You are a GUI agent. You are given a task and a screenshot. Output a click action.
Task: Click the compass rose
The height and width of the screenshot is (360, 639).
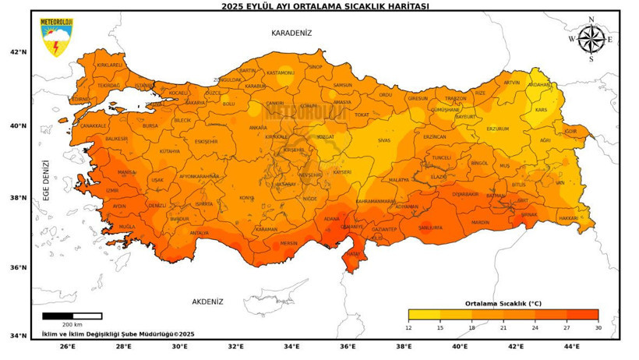tap(591, 39)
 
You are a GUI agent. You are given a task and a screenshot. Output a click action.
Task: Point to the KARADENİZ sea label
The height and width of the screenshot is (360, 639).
tap(291, 33)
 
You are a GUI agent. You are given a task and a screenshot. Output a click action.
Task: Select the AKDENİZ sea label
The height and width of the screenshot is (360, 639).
tap(207, 302)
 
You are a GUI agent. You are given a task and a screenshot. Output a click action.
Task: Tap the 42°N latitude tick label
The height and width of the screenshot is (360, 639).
tap(18, 53)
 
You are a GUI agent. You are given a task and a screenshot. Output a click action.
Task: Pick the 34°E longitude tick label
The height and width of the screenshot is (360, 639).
tap(291, 347)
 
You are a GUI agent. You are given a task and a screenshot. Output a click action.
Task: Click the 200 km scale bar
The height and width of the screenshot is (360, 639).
tap(72, 316)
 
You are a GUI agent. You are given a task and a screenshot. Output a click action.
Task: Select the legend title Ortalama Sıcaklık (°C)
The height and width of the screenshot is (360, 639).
tap(503, 303)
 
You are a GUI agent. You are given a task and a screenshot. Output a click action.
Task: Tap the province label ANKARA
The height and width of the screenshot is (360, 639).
tap(257, 128)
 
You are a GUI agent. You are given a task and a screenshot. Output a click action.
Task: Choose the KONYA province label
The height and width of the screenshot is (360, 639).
tap(247, 198)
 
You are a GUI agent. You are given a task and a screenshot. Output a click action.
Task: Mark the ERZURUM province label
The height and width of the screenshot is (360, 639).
tap(497, 129)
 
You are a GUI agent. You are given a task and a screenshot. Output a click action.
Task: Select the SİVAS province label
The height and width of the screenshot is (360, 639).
tap(383, 140)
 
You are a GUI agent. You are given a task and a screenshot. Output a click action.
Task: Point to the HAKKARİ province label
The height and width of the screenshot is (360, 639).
tap(569, 218)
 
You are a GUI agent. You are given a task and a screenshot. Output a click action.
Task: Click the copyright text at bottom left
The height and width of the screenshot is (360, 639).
tap(118, 334)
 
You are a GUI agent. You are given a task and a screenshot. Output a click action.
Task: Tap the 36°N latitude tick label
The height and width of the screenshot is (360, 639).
tap(18, 267)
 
